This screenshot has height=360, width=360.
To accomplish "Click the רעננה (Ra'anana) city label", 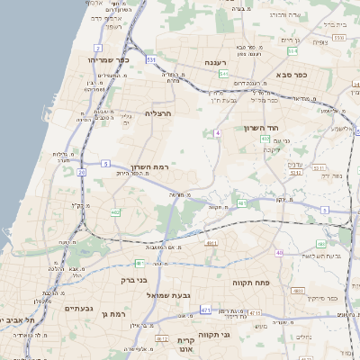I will point(215,61).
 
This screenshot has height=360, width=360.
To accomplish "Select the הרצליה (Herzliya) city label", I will point(157,113).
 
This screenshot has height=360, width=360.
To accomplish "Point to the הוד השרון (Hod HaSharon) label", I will point(263,128).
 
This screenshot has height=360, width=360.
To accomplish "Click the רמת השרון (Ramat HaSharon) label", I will point(157,167).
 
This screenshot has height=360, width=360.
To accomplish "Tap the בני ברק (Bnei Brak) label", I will point(134,280).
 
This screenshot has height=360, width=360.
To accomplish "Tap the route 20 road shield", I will point(82,170).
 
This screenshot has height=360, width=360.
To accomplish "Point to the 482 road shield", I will point(115,212).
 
